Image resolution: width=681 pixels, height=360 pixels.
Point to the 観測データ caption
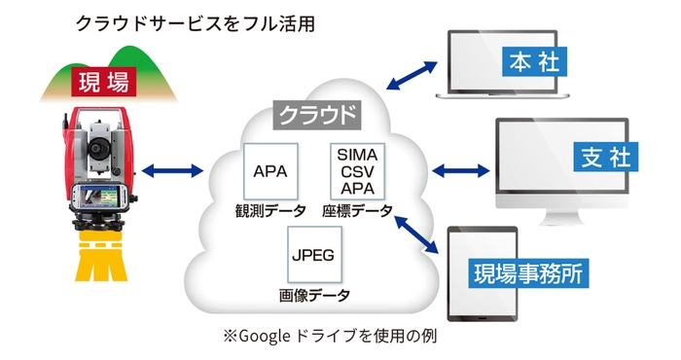[269, 211]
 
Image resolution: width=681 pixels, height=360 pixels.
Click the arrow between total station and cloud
[173, 173]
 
